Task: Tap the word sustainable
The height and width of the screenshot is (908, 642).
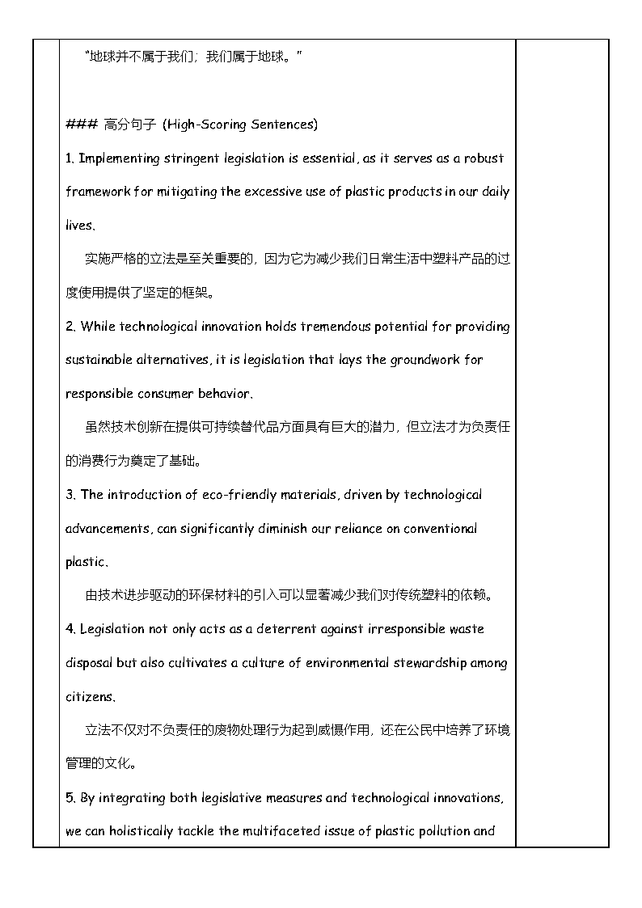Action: pos(101,360)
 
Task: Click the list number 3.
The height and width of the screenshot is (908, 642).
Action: pos(70,495)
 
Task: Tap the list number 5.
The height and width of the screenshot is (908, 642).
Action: pos(70,798)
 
